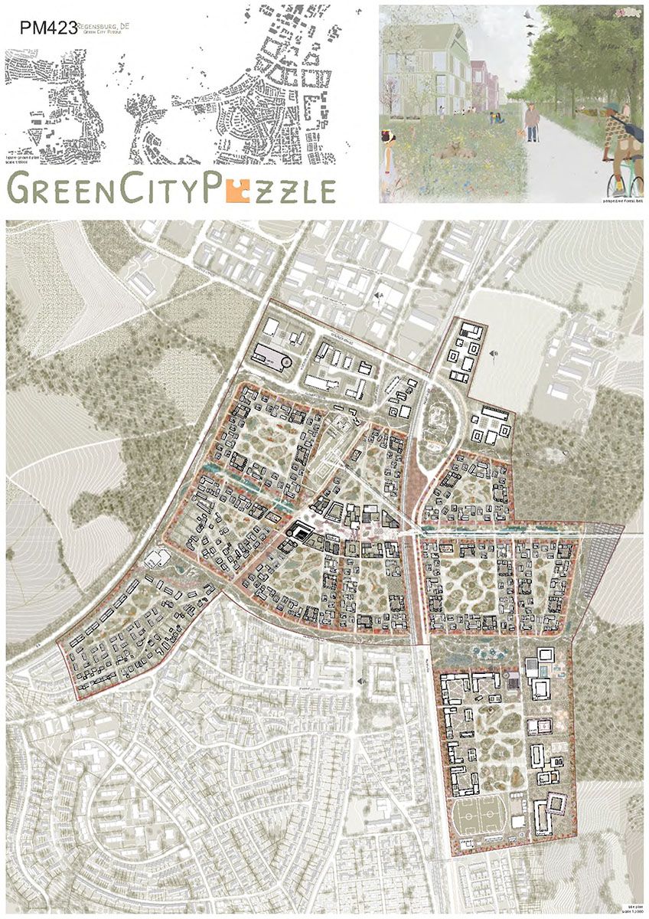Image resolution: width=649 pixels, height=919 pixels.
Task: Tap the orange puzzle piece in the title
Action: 243,188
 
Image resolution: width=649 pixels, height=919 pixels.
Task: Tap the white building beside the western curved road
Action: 162,557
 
